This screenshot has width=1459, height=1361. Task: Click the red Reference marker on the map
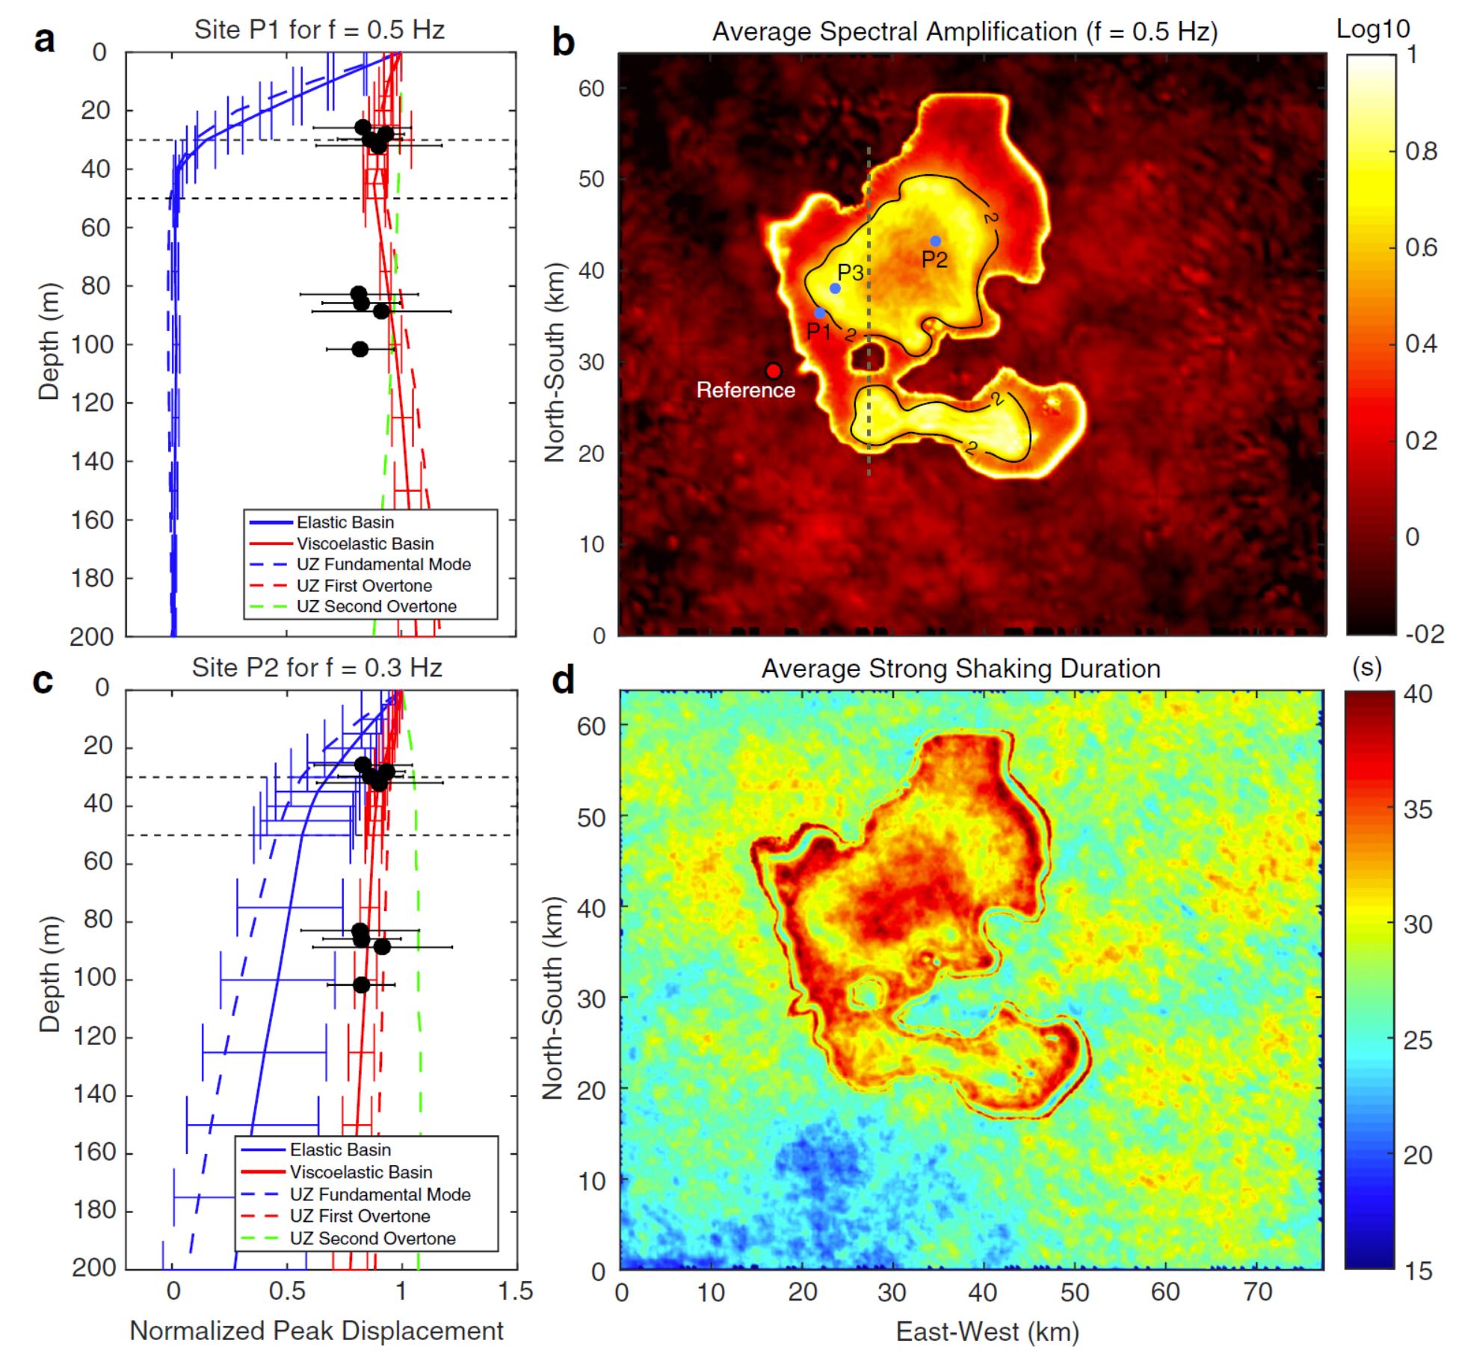tap(774, 371)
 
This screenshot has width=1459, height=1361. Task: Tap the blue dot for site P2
tap(935, 241)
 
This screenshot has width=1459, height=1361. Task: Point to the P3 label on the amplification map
tap(851, 273)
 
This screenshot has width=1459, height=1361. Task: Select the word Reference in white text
tap(745, 390)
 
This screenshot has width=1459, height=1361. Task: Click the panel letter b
tap(563, 41)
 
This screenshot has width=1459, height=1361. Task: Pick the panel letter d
tap(563, 679)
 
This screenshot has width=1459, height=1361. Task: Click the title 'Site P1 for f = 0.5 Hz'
tap(319, 30)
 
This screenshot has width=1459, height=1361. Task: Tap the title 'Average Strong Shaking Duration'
tap(960, 668)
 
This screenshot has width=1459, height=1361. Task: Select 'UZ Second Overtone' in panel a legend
tap(376, 606)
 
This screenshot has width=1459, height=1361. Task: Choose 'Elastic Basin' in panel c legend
tap(340, 1149)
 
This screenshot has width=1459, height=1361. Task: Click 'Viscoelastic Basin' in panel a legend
tap(365, 543)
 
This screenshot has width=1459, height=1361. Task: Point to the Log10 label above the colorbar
tap(1372, 29)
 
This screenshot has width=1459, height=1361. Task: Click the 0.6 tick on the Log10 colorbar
tap(1421, 247)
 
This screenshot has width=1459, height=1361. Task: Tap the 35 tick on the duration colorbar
tap(1418, 809)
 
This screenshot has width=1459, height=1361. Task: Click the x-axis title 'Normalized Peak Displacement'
tap(317, 1331)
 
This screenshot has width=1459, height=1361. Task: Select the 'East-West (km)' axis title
tap(987, 1331)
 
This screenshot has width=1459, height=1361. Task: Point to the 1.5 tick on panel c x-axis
tap(516, 1291)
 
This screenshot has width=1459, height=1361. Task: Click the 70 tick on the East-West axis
tap(1258, 1291)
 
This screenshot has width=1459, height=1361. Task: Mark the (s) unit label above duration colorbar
tap(1367, 667)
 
